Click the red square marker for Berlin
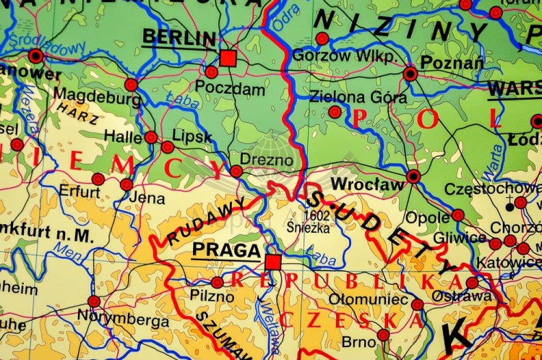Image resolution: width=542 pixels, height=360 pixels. pos(228,58)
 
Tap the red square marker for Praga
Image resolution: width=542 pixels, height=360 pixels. pos(272,261)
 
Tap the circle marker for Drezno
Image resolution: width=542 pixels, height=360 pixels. pos(236,171)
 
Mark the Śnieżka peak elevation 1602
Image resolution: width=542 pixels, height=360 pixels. pos(317,215)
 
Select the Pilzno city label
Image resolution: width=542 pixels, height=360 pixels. pos(212,296)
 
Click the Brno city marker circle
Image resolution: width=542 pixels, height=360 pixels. pos(384,335)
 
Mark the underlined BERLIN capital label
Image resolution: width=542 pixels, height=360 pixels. pos(178,38)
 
